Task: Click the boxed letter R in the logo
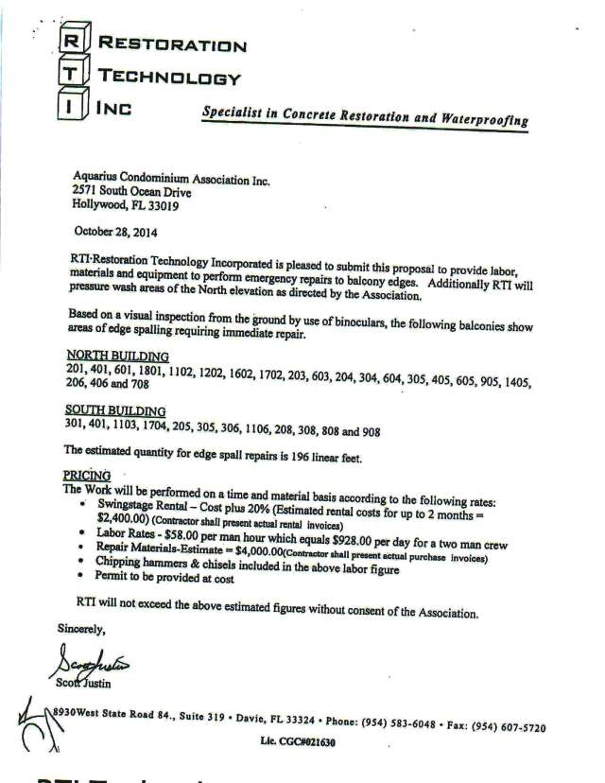click(x=69, y=43)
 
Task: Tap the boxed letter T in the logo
click(x=69, y=76)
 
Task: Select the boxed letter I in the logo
click(x=69, y=108)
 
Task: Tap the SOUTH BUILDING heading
click(x=114, y=410)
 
